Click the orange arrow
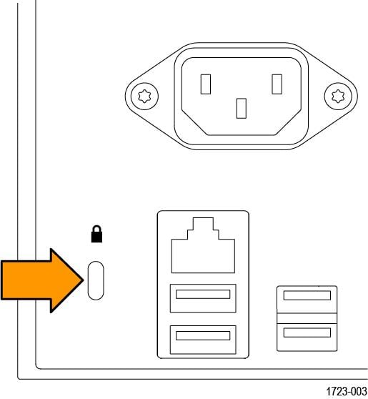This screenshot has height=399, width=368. tap(42, 280)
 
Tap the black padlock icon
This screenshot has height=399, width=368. tap(96, 234)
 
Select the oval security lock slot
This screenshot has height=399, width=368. tap(96, 280)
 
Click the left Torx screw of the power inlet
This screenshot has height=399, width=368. tap(144, 97)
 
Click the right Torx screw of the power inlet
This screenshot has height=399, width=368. tap(338, 97)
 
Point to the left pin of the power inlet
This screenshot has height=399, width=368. tap(206, 84)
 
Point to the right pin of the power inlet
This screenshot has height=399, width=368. tap(277, 84)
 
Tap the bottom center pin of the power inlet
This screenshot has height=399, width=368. tap(242, 109)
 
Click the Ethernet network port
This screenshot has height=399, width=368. tap(203, 245)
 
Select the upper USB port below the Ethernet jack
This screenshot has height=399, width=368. tap(203, 298)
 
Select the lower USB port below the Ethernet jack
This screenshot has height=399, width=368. tap(203, 340)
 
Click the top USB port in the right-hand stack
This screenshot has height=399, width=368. tap(307, 300)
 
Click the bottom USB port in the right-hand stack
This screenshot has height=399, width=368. tap(307, 338)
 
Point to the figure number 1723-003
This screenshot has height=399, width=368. tap(347, 391)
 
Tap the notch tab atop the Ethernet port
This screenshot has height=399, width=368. tap(203, 224)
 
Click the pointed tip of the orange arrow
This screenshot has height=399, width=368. tap(83, 280)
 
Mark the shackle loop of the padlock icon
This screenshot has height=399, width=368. tap(96, 230)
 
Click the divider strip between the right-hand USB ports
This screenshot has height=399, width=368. tap(307, 318)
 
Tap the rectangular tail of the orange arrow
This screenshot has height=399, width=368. tap(26, 280)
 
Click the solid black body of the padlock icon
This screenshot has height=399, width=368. tap(96, 238)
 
